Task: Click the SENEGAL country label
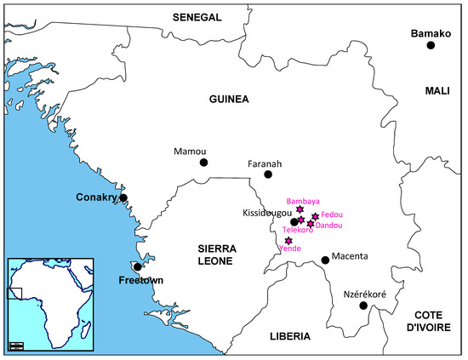pos(197,17)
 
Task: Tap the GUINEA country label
pos(228,99)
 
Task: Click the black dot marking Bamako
pos(431,45)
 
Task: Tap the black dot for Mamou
pos(203,162)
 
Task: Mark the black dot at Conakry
pos(123,197)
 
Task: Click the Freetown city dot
pos(138,267)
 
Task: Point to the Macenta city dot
pos(324,260)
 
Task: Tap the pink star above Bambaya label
pos(300,209)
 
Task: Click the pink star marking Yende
pos(289,242)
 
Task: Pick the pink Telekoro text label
pos(297,230)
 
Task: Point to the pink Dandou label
pos(328,226)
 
